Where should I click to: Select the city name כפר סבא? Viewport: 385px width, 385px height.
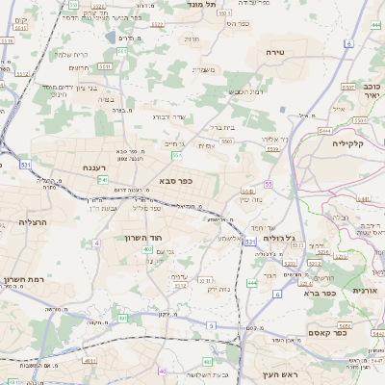pyautogui.click(x=169, y=180)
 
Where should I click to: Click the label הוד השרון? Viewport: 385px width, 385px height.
pyautogui.click(x=145, y=237)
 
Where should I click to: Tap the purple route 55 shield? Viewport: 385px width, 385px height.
pyautogui.click(x=269, y=183)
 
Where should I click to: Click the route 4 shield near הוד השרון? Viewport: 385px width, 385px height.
pyautogui.click(x=96, y=243)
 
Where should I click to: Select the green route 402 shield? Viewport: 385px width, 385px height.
pyautogui.click(x=147, y=249)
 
